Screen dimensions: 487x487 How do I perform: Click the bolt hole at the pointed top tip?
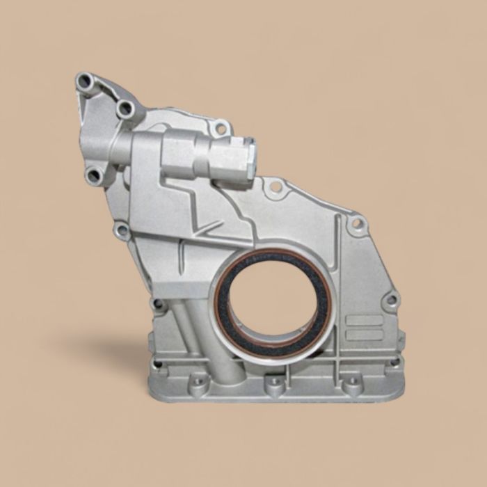point(85,81)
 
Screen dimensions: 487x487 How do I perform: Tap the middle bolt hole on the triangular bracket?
point(125,108)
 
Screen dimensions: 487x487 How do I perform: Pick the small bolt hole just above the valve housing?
point(221,128)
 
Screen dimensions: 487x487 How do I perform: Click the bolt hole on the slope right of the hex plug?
point(276,186)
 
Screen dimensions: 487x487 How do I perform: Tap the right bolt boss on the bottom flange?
point(352,385)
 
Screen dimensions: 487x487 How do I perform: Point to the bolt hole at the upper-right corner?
point(357,224)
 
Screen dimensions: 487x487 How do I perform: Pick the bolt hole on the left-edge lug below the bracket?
point(123,230)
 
